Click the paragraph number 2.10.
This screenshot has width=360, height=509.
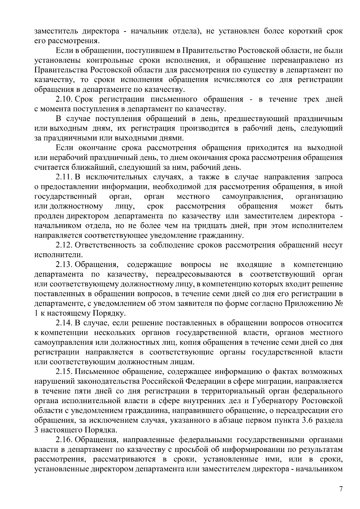64,99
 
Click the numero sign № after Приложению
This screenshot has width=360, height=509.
339,304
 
